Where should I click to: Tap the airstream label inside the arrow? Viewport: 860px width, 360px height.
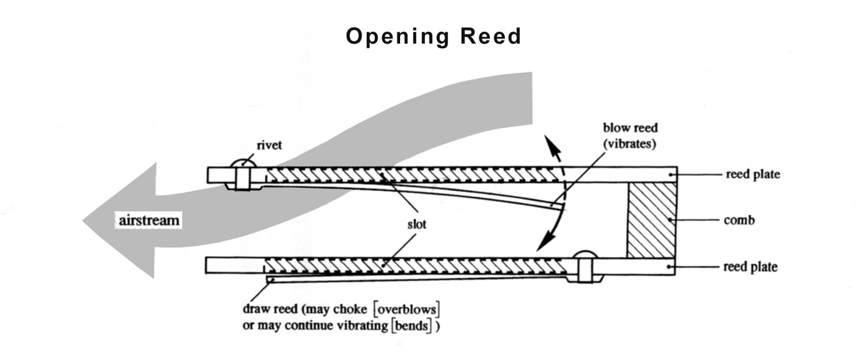tap(149, 219)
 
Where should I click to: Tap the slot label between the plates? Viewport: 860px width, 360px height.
tap(413, 224)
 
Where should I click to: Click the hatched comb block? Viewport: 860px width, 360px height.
tap(651, 220)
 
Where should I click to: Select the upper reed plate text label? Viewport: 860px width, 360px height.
tap(753, 175)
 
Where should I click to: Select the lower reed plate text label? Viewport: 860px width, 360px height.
tap(750, 267)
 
